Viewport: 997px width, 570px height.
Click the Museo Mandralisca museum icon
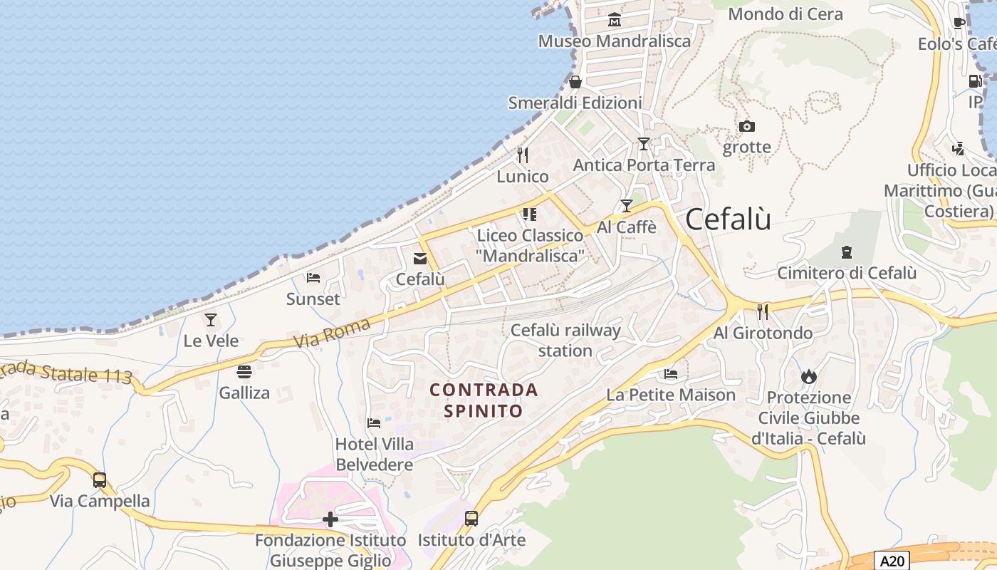point(615,20)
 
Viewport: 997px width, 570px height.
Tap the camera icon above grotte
point(746,127)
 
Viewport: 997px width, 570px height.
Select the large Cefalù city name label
point(728,219)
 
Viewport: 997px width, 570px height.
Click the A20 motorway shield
point(893,561)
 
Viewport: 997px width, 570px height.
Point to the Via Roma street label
point(333,333)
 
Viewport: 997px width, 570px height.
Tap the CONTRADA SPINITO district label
point(484,400)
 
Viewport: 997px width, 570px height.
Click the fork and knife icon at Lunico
point(523,155)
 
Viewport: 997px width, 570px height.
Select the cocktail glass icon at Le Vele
point(211,320)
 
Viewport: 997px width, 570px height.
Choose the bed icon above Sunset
point(313,278)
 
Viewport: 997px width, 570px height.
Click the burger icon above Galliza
point(244,372)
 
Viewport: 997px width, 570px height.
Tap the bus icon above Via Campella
point(100,480)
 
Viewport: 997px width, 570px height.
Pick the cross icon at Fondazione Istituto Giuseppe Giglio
point(330,519)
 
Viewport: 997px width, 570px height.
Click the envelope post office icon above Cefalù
point(420,258)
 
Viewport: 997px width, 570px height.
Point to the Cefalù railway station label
point(565,340)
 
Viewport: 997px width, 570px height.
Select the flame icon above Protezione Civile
point(808,376)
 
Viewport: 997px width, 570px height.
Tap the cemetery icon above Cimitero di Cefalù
point(846,252)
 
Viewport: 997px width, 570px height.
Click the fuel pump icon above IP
point(975,81)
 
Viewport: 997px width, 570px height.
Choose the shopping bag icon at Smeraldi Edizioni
point(575,82)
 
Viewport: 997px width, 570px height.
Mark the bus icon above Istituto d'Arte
point(471,519)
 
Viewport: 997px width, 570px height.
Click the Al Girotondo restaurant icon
point(763,311)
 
